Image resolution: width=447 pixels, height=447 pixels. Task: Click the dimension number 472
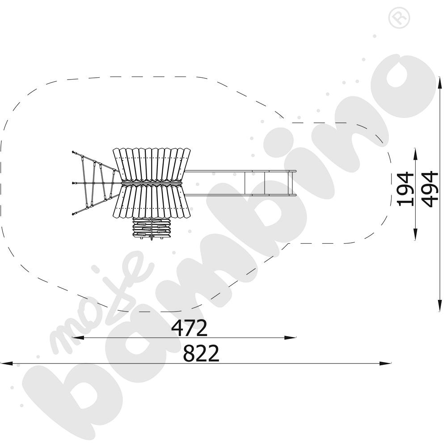pyautogui.click(x=189, y=328)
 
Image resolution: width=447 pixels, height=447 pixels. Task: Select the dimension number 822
pyautogui.click(x=201, y=353)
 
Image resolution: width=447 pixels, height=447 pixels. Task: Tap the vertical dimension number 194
pyautogui.click(x=405, y=189)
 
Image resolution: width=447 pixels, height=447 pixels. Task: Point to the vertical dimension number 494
pyautogui.click(x=430, y=189)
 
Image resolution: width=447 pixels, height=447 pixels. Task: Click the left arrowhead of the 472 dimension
pyautogui.click(x=77, y=338)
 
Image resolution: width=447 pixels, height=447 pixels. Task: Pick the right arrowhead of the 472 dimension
pyautogui.click(x=291, y=338)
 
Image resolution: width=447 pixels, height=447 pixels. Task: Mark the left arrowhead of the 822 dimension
pyautogui.click(x=6, y=363)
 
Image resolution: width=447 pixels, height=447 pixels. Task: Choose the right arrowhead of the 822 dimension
pyautogui.click(x=385, y=363)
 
